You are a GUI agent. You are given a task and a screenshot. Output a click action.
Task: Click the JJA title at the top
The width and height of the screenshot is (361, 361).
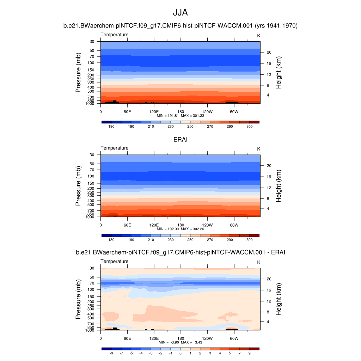point(180,13)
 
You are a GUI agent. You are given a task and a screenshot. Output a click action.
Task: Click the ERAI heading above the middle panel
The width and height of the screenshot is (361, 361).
point(180,140)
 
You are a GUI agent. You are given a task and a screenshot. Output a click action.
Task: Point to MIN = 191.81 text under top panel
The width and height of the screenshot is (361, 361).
point(171,115)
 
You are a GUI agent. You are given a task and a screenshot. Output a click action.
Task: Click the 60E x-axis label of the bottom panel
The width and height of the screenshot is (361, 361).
point(127,338)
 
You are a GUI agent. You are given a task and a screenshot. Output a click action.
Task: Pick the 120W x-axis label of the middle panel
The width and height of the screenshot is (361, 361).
point(207,225)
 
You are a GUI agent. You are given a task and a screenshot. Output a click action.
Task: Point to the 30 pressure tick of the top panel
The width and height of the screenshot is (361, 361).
point(92,42)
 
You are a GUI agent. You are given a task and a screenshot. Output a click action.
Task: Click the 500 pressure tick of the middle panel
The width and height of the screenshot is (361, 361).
point(91,205)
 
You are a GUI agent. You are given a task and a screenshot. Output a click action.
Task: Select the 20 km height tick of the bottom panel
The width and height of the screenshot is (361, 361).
point(268,279)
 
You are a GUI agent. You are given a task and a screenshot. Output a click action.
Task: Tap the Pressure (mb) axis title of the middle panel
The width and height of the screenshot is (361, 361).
point(79,186)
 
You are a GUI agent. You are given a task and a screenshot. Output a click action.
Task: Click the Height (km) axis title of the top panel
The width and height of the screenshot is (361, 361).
point(279,72)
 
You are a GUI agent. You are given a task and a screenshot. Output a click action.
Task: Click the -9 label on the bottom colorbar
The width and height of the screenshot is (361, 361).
point(111,353)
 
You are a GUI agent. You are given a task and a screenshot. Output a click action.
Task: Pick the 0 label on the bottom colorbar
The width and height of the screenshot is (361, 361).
point(180,353)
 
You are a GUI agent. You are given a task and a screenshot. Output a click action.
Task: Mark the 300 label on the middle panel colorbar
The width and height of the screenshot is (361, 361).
point(250,240)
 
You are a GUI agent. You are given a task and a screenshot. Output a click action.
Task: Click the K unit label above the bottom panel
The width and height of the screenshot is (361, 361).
point(259,262)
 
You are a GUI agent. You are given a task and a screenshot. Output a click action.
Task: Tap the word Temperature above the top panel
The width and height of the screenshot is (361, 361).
point(115,35)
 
